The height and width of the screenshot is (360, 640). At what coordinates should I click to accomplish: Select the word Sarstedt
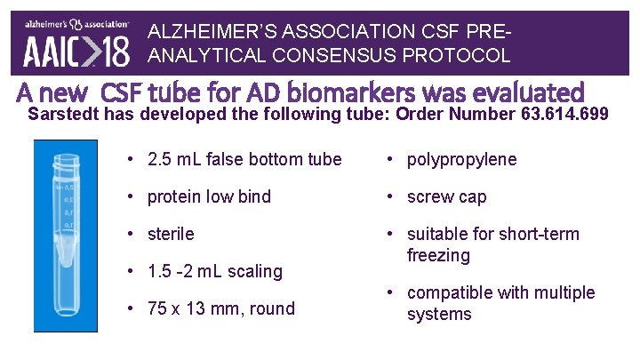tap(63, 114)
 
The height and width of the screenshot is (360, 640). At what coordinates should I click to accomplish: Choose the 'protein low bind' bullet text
tap(209, 196)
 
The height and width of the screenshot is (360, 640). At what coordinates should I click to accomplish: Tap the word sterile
tap(171, 234)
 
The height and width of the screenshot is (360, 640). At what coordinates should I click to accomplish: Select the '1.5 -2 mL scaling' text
tap(214, 271)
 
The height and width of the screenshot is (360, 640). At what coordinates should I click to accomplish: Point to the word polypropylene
tap(461, 159)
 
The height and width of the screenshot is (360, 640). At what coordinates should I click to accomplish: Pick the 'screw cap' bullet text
tap(446, 196)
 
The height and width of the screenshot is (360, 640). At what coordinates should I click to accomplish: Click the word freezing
tap(439, 255)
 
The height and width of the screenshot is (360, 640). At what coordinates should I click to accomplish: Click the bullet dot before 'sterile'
tap(130, 234)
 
